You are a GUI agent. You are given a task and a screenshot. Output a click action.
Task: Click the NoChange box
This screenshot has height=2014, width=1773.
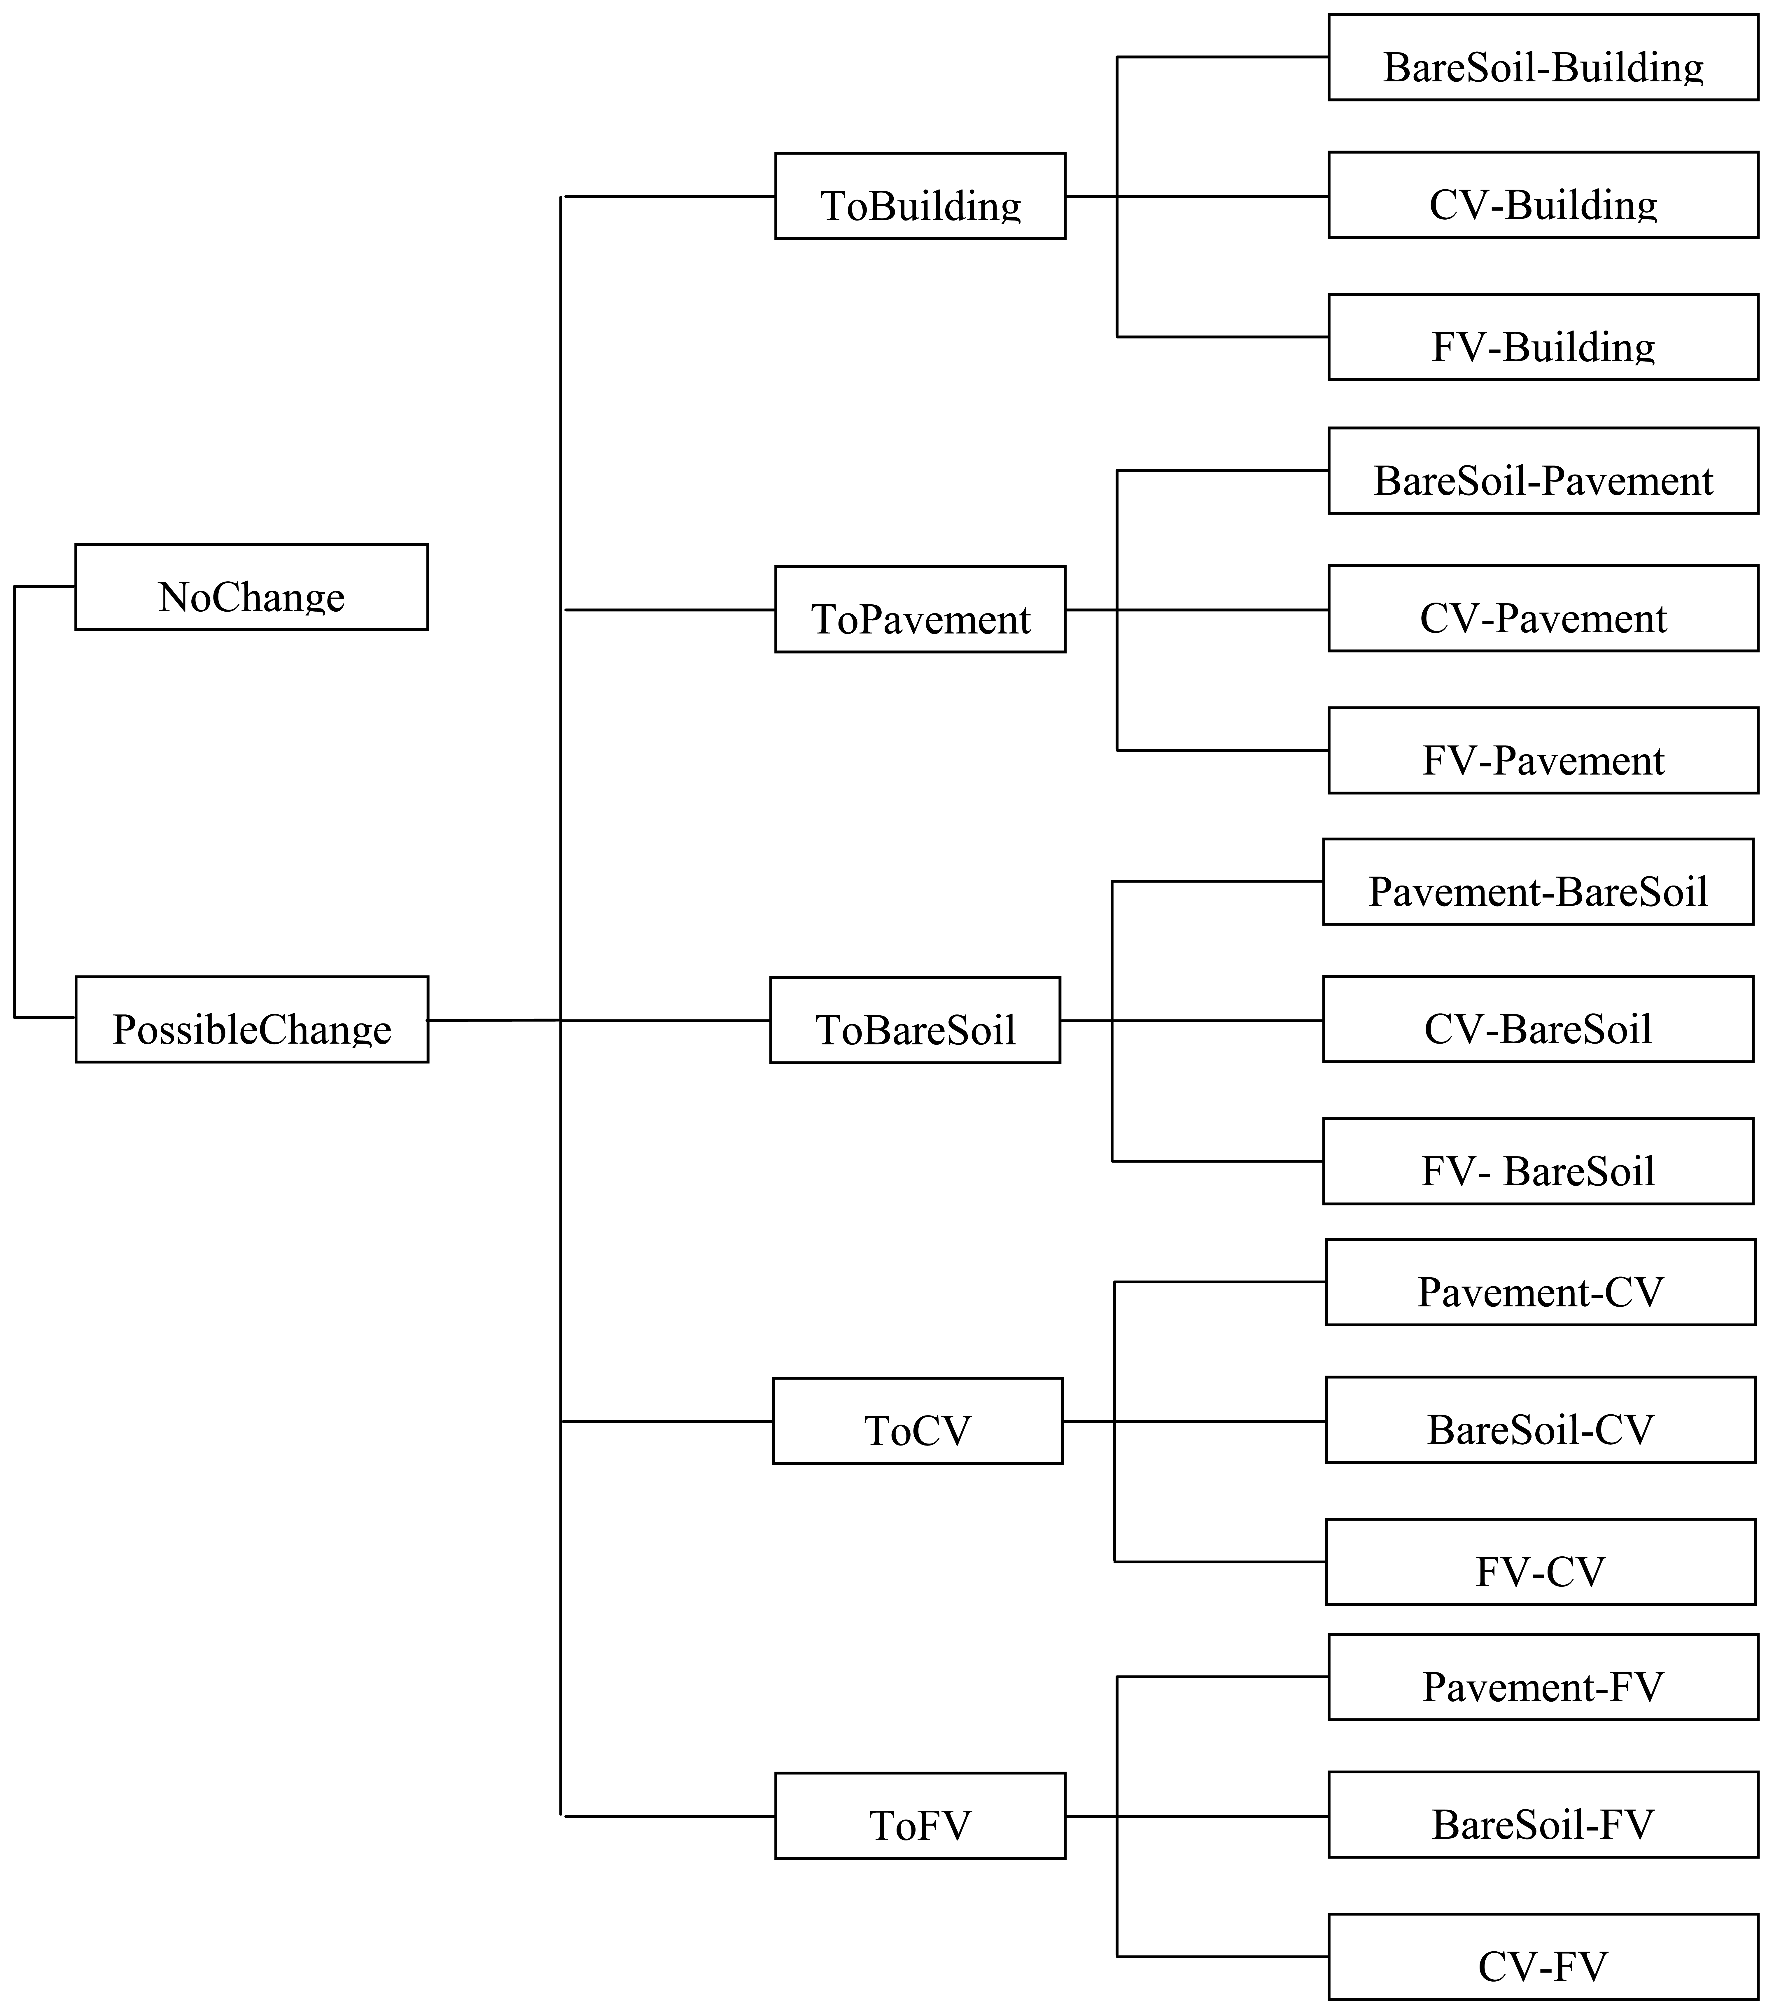tap(251, 586)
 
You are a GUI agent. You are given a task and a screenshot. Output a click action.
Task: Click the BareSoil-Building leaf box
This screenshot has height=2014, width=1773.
tap(1542, 57)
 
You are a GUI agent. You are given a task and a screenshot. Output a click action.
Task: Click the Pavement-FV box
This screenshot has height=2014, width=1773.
tap(1542, 1677)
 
